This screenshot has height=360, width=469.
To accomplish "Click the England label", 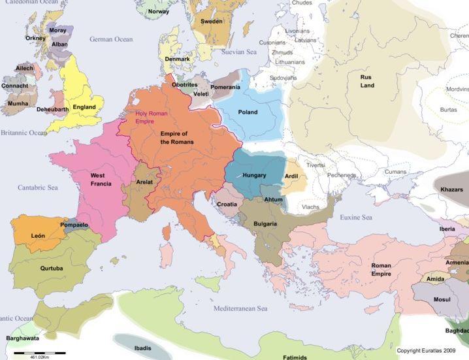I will click(84, 107).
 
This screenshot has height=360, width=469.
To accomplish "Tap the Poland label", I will click(248, 112).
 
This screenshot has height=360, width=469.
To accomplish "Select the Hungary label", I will click(253, 176).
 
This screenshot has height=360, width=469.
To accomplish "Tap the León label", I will click(37, 235).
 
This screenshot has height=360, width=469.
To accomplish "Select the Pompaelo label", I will click(74, 225).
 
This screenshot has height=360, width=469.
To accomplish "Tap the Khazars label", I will click(452, 188).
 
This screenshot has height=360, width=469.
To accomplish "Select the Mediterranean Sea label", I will click(244, 308).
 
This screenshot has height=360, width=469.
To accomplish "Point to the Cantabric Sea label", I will click(39, 188).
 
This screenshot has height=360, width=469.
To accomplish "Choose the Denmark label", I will click(177, 59).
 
